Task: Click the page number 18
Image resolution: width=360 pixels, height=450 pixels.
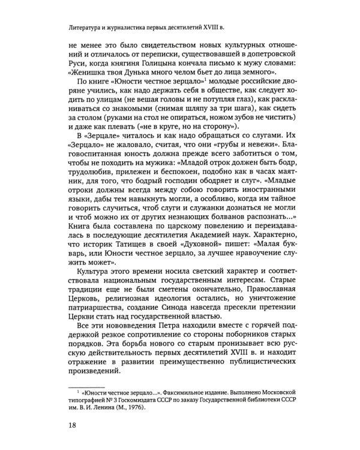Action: (74, 426)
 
